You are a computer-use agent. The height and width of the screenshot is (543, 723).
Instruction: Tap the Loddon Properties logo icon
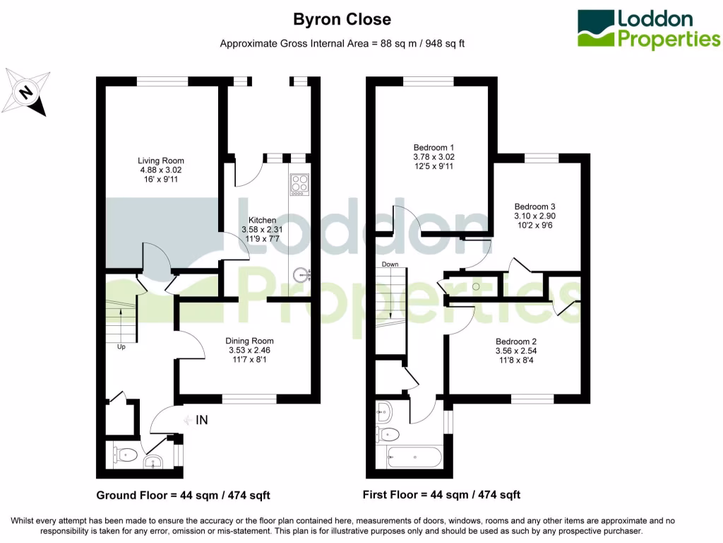596,29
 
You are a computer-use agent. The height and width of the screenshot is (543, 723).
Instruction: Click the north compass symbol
26,91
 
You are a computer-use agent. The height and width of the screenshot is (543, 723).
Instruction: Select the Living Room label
160,170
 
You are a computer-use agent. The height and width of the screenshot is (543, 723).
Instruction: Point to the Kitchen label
261,230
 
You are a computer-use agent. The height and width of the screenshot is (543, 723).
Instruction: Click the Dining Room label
249,350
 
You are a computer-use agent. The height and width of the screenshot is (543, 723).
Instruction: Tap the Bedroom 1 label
433,157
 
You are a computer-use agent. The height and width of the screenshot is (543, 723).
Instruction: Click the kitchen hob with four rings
299,184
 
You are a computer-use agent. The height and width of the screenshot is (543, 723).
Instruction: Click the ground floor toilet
126,455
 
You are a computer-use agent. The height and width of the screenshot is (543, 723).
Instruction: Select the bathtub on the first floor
415,457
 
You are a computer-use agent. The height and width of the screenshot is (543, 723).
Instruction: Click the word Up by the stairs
121,347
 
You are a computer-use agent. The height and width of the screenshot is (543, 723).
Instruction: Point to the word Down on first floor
390,264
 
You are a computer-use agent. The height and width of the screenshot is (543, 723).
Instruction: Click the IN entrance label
201,421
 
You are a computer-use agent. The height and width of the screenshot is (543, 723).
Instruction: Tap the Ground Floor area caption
183,495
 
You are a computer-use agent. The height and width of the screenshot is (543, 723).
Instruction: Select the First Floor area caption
441,495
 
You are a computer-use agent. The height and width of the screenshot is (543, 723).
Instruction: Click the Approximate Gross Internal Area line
342,43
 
